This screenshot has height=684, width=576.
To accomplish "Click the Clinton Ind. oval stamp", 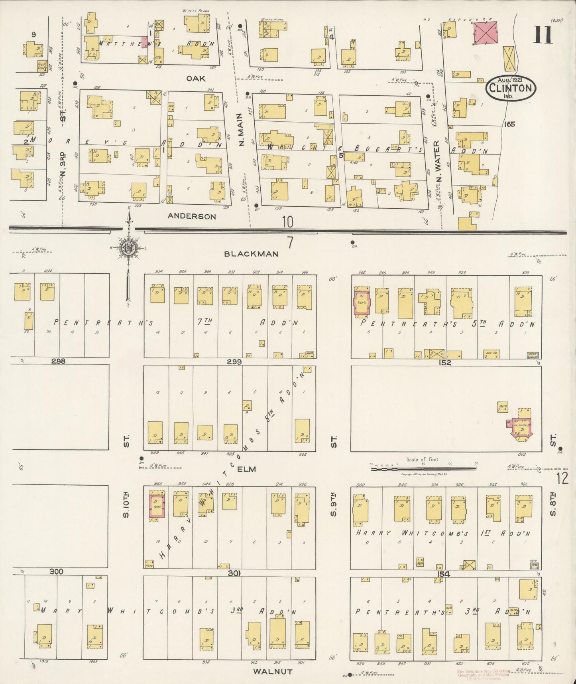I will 511,89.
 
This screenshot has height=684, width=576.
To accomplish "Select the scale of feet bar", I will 425,469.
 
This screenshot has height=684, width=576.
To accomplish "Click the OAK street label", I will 196,79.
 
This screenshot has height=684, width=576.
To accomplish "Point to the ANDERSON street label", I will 192,216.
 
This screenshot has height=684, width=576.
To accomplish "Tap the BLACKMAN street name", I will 251,254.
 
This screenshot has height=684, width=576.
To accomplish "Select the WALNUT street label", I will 273,672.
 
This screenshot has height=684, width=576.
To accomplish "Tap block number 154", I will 443,574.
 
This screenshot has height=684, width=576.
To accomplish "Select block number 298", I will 58,361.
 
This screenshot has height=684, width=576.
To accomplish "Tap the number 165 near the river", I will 509,124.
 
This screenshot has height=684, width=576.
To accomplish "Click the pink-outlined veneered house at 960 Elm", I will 156,507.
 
